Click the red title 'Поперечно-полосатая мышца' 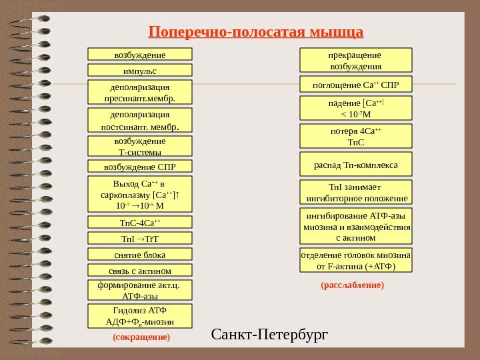256,31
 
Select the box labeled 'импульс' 140,70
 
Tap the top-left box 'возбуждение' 140,54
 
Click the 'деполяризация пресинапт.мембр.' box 140,93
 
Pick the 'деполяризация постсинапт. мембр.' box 140,121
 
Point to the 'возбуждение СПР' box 140,166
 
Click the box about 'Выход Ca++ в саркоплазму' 140,194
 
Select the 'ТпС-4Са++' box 140,222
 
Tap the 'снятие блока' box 140,254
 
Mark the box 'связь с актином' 140,270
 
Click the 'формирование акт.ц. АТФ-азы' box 140,291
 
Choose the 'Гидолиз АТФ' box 140,316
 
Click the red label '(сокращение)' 141,337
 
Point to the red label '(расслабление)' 353,285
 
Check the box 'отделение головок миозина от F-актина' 356,261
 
